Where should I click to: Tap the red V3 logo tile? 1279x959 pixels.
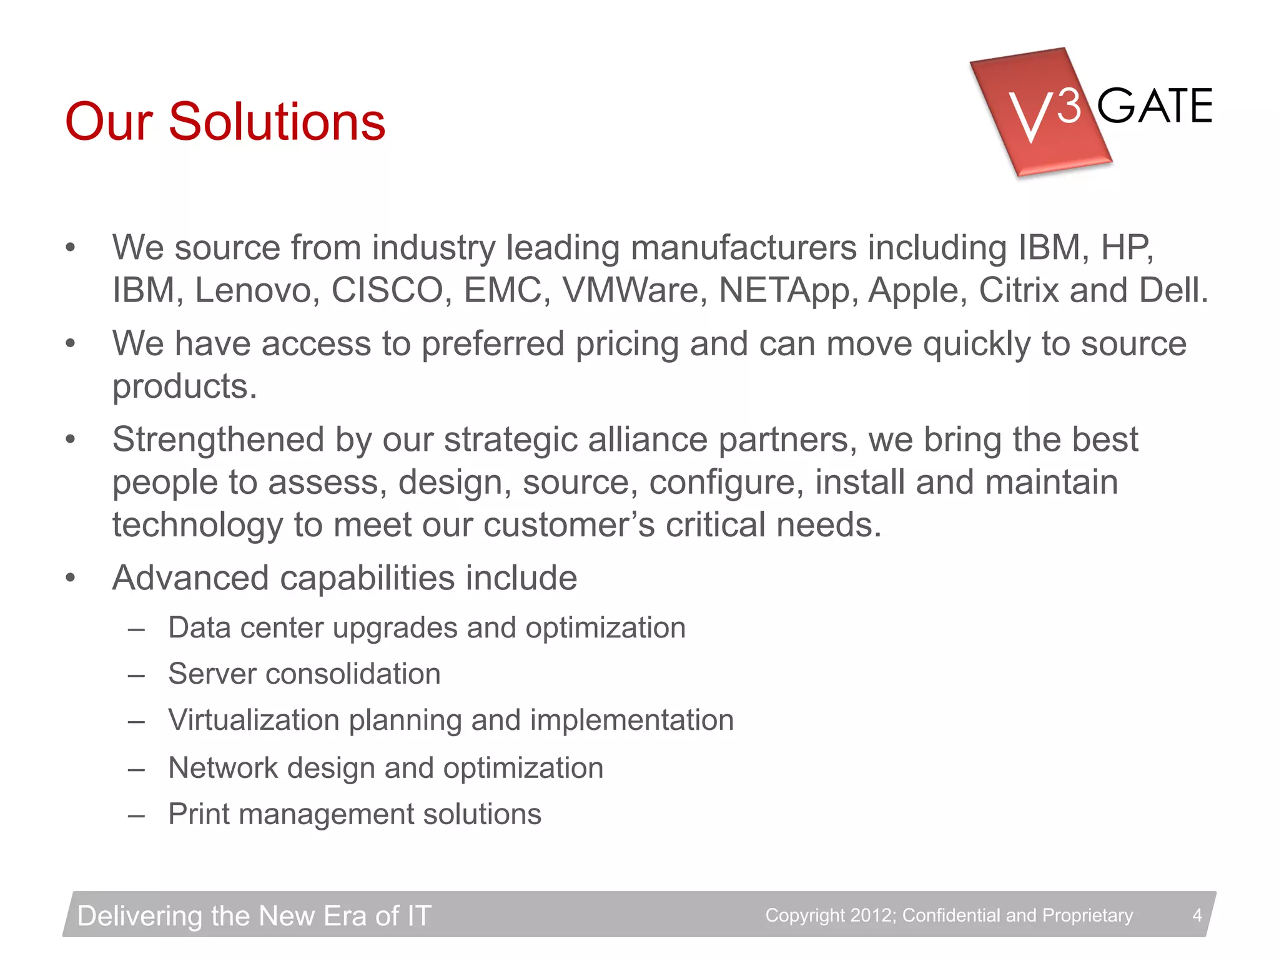tap(1040, 112)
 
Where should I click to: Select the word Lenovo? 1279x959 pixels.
tap(253, 290)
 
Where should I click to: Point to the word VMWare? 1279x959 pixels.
tap(635, 290)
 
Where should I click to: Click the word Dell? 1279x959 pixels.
tap(1173, 290)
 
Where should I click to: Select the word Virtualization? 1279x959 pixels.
tap(253, 720)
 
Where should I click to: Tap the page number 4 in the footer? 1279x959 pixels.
tap(1197, 915)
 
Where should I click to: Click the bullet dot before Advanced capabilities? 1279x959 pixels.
tap(71, 578)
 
